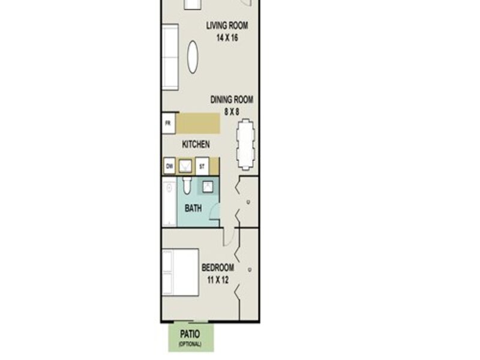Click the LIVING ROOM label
(x=227, y=25)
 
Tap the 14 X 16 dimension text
(x=227, y=38)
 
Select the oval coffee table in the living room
(x=193, y=57)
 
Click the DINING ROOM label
(x=232, y=100)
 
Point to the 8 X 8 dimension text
(x=232, y=112)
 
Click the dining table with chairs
(x=245, y=145)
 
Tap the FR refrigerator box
(x=169, y=123)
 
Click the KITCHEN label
(x=196, y=144)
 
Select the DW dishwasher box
(x=169, y=166)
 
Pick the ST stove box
(x=202, y=166)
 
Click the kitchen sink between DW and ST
(x=185, y=167)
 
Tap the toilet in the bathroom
(x=187, y=185)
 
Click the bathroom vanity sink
(x=208, y=186)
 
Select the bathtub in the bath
(x=169, y=203)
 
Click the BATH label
(x=193, y=208)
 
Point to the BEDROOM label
(x=218, y=268)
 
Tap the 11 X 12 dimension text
(x=218, y=280)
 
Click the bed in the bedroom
(x=181, y=272)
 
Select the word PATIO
(x=190, y=334)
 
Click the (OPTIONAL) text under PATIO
(x=190, y=344)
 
